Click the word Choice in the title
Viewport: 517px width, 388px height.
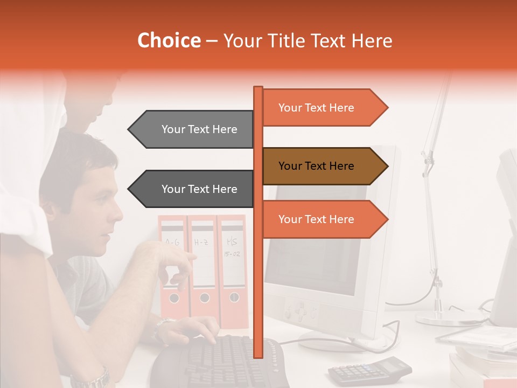point(169,41)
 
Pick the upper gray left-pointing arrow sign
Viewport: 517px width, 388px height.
point(194,129)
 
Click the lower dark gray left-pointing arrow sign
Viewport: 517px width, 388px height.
point(194,189)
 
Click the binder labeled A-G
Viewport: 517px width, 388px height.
point(172,269)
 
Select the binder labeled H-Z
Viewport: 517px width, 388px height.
point(203,269)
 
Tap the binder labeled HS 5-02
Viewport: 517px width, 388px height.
point(233,269)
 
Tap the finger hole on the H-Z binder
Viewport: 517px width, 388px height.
point(205,297)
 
